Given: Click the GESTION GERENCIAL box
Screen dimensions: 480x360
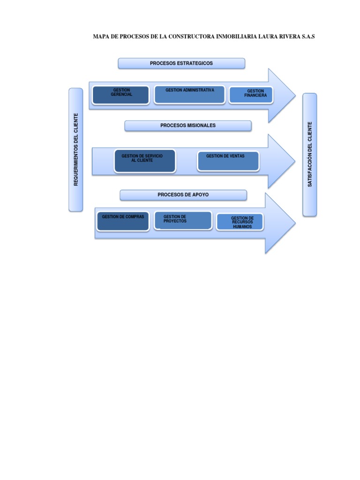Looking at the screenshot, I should tap(121, 95).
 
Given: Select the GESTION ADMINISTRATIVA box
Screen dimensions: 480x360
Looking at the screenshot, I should tap(189, 94).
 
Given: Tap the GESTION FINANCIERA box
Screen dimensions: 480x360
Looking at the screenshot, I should tap(253, 95).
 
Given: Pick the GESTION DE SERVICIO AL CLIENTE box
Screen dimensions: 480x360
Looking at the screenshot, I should tap(145, 161).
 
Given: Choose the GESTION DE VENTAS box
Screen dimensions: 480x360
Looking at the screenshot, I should tap(228, 161).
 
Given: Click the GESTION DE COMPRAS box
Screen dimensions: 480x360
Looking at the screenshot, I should tap(123, 221).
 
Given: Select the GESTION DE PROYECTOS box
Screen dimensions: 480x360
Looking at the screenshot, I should tap(183, 221).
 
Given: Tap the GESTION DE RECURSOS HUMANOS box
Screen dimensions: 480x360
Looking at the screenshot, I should tap(240, 222).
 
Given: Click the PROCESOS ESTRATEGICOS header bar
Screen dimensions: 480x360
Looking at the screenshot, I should tap(181, 63).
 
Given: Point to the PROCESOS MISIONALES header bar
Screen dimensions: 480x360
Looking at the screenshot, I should tap(188, 126).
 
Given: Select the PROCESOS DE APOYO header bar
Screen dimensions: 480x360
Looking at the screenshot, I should tap(183, 195).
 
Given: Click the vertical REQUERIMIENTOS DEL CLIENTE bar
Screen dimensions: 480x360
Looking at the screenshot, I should tap(76, 150).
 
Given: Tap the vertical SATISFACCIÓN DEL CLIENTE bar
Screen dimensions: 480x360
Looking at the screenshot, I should tap(310, 154).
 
